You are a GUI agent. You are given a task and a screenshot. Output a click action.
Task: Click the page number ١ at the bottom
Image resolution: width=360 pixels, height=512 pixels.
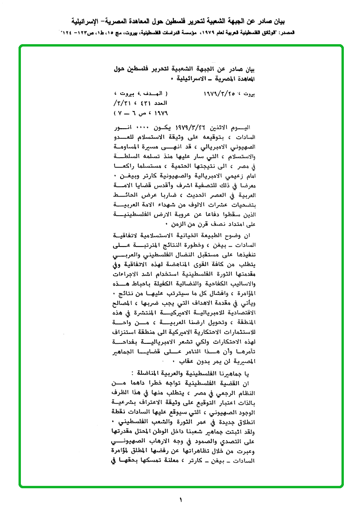click(180, 499)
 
